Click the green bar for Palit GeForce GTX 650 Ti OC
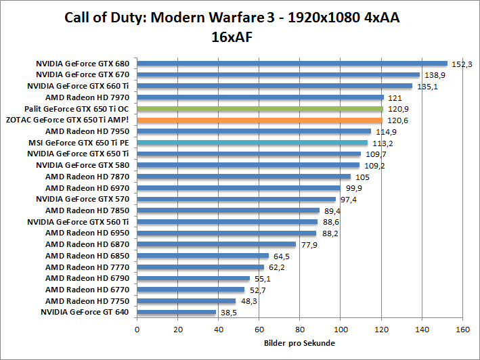point(260,108)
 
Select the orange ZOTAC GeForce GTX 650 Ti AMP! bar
point(260,120)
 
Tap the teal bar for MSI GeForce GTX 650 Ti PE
point(252,143)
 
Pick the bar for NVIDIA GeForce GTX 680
point(292,63)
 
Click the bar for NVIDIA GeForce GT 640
point(176,312)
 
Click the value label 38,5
point(227,313)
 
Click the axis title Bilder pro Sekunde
point(299,343)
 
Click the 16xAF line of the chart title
point(232,37)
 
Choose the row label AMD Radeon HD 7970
point(87,97)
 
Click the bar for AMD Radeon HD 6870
point(217,244)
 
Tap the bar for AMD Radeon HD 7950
point(254,131)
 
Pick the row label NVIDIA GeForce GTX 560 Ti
point(78,222)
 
